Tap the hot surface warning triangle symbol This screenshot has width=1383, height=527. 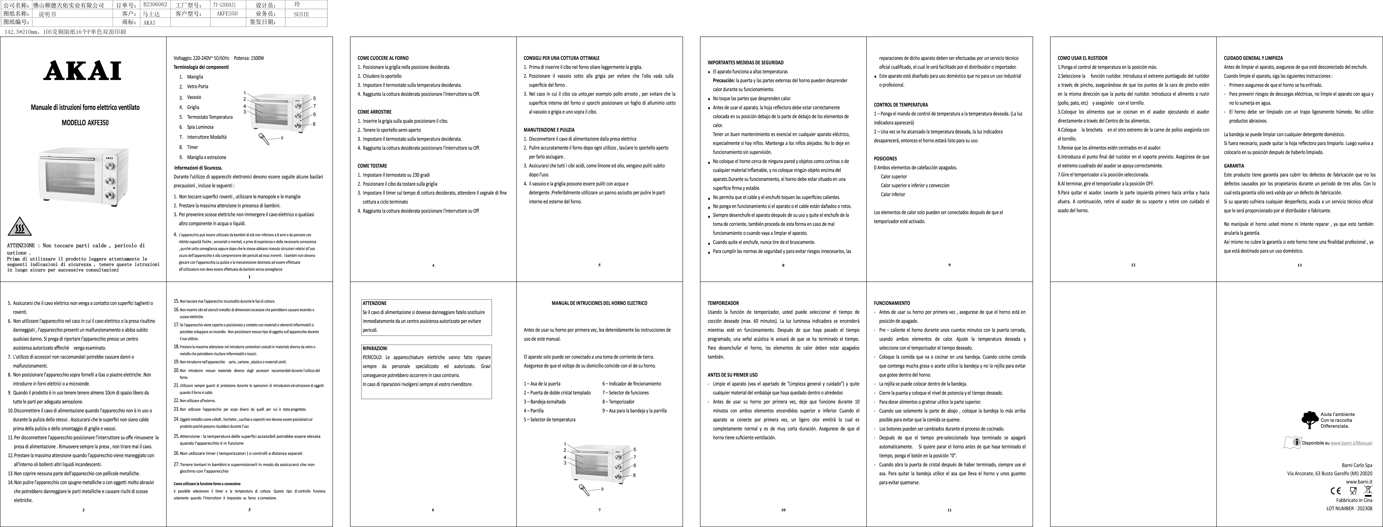[19, 227]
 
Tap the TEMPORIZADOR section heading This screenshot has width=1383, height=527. [723, 303]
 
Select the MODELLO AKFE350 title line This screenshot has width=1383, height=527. [85, 123]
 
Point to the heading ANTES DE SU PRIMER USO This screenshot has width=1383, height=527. [732, 375]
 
